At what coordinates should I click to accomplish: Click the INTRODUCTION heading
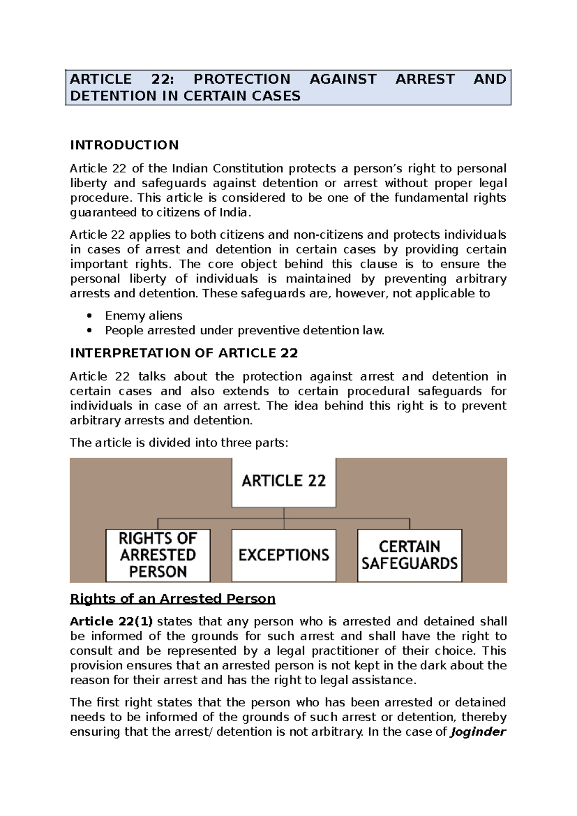pyautogui.click(x=124, y=145)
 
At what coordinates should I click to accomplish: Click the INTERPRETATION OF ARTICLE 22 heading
pyautogui.click(x=184, y=353)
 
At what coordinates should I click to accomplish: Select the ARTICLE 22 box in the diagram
pyautogui.click(x=284, y=481)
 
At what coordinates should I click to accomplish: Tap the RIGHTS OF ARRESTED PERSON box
pyautogui.click(x=158, y=555)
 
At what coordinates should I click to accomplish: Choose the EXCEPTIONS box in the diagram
pyautogui.click(x=284, y=555)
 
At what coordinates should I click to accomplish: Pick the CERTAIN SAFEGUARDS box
pyautogui.click(x=410, y=555)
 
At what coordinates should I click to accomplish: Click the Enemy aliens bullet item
pyautogui.click(x=143, y=316)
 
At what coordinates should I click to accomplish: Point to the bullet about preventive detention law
pyautogui.click(x=244, y=331)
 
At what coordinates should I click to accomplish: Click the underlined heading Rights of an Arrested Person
pyautogui.click(x=173, y=599)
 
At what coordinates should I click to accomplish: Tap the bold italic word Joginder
pyautogui.click(x=478, y=732)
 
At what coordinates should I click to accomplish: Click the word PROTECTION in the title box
pyautogui.click(x=242, y=79)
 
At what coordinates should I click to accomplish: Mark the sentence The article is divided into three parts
pyautogui.click(x=179, y=443)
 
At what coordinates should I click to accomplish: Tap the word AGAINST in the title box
pyautogui.click(x=343, y=79)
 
